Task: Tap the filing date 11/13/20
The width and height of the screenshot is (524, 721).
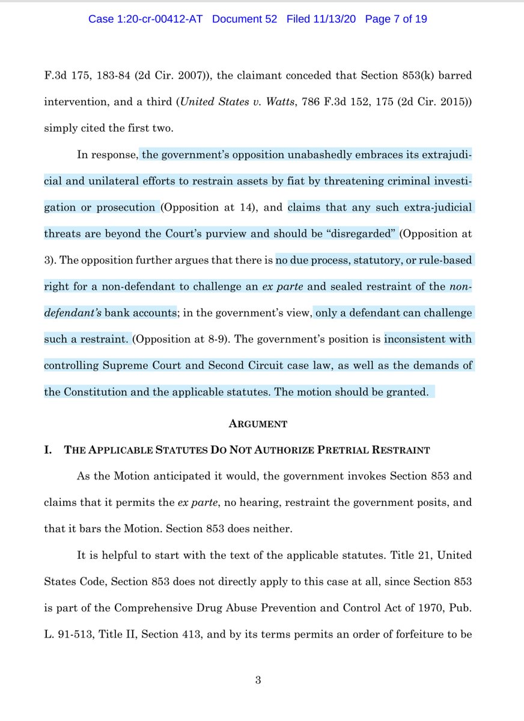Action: tap(330, 19)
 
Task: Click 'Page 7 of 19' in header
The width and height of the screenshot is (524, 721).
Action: tap(395, 19)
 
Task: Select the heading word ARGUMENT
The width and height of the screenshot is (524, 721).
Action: tap(258, 424)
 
